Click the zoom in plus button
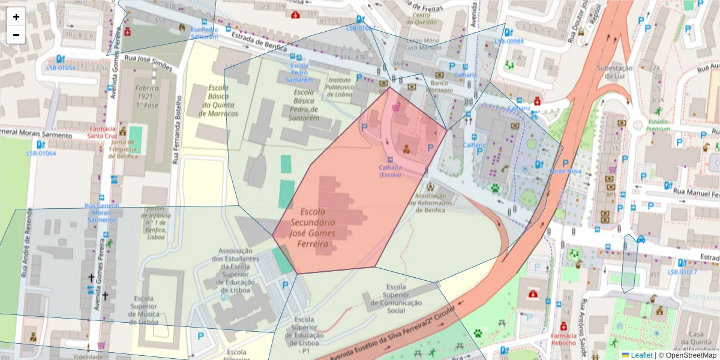coord(16,17)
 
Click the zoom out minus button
coord(16,35)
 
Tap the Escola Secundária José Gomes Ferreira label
coord(311,228)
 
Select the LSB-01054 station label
coord(61,68)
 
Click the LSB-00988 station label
coord(509,41)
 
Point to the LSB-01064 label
coord(41,154)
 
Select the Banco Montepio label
coord(440,86)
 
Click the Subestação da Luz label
coord(614,73)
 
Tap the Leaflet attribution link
coord(641,355)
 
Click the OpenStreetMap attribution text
coord(688,355)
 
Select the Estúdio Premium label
coord(658,125)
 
